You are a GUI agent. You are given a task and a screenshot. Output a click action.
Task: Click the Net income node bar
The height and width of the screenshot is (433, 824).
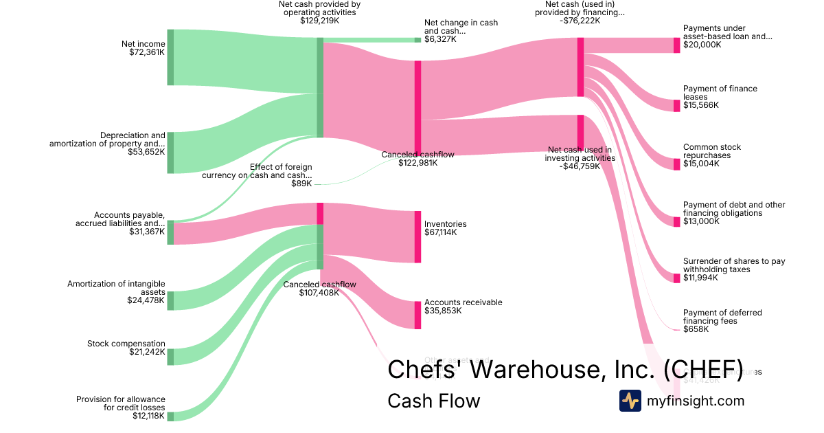pos(170,58)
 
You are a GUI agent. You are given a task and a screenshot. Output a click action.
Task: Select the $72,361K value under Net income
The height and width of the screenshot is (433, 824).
pos(147,52)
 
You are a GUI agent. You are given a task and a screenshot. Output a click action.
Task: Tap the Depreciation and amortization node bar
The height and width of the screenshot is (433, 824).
pos(170,153)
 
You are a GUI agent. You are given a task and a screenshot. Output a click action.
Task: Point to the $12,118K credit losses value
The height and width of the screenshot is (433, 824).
pos(149,416)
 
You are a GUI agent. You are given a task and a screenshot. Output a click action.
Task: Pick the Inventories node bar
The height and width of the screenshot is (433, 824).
pos(417,237)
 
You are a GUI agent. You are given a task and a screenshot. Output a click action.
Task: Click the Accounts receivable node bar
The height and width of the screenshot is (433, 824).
pos(417,315)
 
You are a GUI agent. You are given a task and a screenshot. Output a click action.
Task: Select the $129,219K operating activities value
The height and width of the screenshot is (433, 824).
pos(319,21)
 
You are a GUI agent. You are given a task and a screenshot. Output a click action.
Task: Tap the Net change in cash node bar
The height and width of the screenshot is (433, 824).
pos(417,40)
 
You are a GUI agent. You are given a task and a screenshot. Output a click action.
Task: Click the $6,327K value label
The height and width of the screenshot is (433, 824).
pos(440,39)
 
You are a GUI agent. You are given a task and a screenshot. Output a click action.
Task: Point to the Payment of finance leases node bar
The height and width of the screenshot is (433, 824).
pos(676,106)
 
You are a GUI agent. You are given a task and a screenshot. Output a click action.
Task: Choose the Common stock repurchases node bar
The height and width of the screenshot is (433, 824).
pos(676,164)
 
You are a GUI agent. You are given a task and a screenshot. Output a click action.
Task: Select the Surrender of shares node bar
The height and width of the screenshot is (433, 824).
pos(676,278)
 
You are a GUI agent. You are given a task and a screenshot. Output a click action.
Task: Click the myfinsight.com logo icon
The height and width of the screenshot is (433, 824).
pos(630,401)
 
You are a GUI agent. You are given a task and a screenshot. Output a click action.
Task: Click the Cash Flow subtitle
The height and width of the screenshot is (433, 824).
pos(434,401)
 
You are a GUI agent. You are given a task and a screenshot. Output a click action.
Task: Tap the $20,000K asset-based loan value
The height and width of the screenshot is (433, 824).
pos(702,45)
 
